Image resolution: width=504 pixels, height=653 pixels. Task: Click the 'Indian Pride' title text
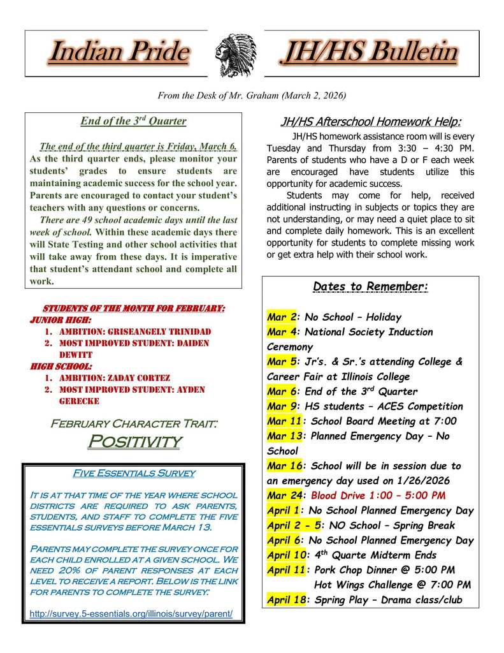[x=119, y=53]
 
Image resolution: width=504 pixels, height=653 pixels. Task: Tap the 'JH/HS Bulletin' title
[x=369, y=53]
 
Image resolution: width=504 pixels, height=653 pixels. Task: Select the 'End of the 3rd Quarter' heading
[x=133, y=121]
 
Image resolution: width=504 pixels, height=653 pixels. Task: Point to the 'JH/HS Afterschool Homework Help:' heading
[x=371, y=122]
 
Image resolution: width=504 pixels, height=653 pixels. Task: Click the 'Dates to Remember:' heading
[x=370, y=286]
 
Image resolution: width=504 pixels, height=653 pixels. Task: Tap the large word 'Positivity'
[x=134, y=441]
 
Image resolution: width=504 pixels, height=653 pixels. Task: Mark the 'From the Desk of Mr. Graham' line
[x=252, y=96]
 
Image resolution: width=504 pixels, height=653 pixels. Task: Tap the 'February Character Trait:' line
[x=134, y=423]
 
